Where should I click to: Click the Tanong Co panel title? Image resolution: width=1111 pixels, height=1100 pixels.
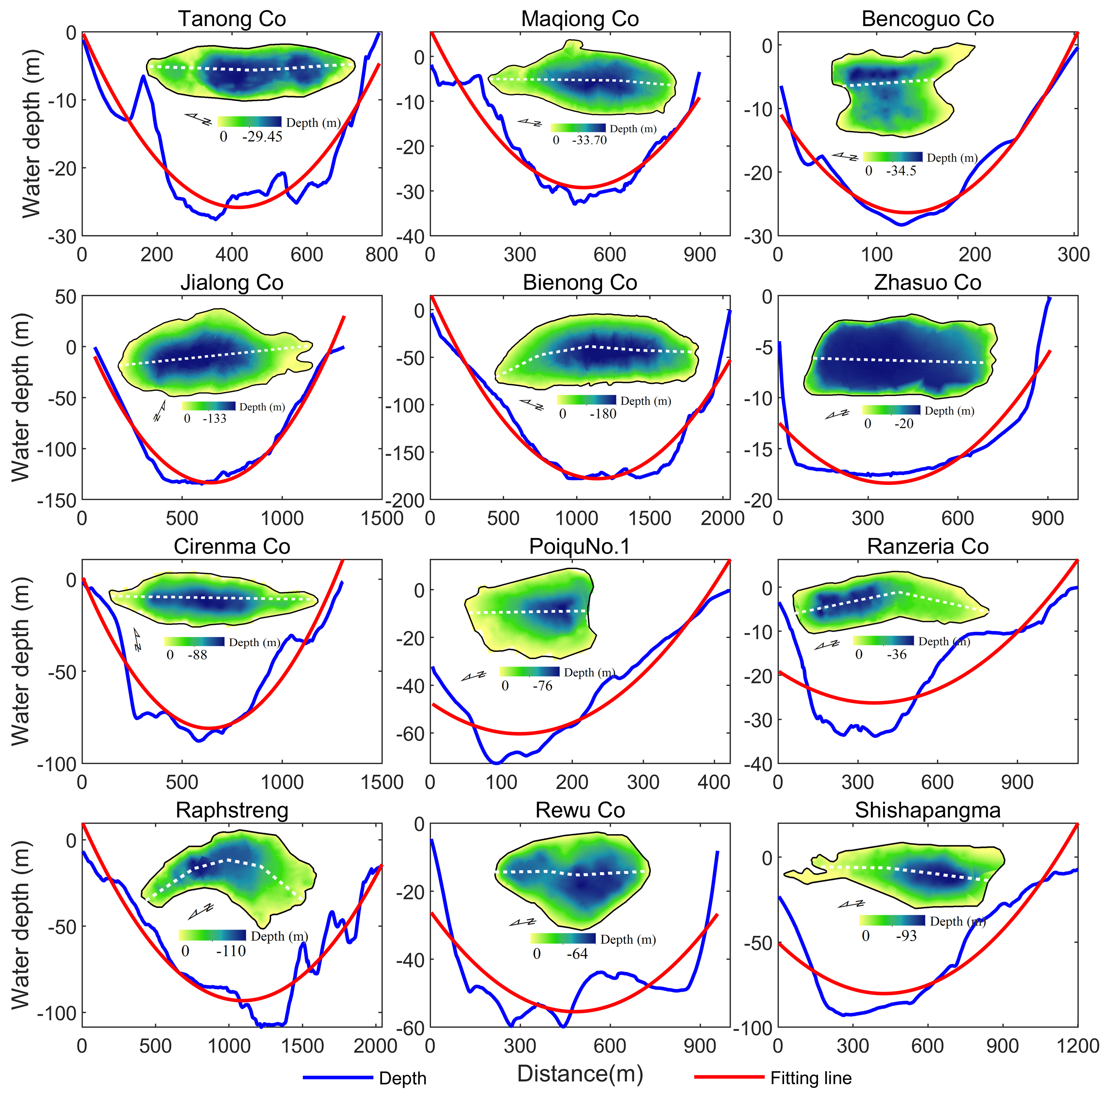pyautogui.click(x=232, y=19)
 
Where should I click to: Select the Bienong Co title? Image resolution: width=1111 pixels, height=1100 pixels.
pyautogui.click(x=580, y=282)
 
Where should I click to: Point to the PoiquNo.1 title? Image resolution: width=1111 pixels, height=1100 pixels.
pyautogui.click(x=580, y=546)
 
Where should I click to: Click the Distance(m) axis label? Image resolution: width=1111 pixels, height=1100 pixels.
pyautogui.click(x=580, y=1073)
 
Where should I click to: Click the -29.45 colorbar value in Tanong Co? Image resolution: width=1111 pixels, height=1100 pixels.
pyautogui.click(x=262, y=137)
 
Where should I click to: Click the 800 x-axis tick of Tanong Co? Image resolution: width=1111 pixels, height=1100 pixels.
pyautogui.click(x=381, y=255)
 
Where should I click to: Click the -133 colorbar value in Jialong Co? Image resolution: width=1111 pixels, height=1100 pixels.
pyautogui.click(x=215, y=419)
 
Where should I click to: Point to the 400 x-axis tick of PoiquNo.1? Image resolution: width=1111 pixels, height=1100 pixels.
pyautogui.click(x=714, y=782)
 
